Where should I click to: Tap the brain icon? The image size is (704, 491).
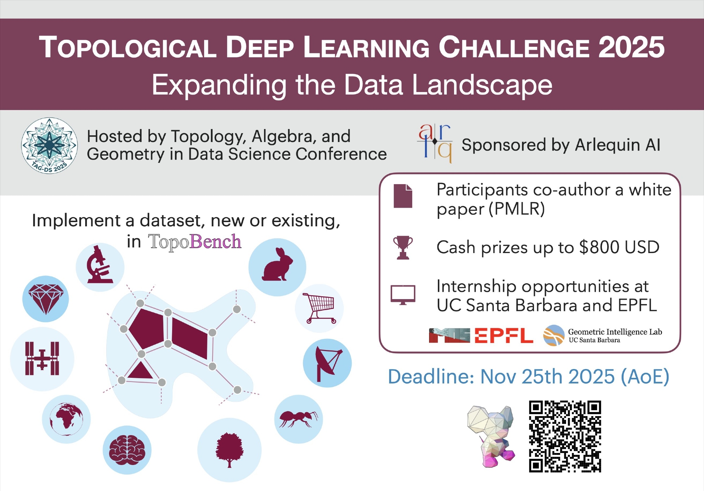click(127, 450)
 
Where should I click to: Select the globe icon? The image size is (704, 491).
click(66, 419)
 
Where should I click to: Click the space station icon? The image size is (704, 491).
click(42, 358)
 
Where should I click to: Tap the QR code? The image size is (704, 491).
click(565, 436)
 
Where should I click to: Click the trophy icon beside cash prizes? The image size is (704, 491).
click(403, 247)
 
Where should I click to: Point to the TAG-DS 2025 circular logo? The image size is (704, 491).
click(49, 146)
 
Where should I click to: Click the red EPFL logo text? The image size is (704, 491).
click(504, 335)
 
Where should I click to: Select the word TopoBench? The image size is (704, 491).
click(195, 242)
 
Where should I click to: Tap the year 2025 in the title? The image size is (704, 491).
click(631, 47)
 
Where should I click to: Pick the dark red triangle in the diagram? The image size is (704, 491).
click(140, 371)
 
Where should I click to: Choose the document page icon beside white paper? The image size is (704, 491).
click(403, 196)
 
